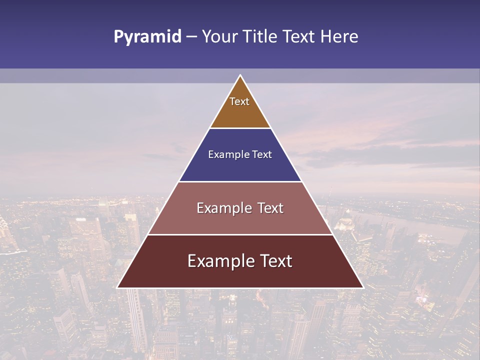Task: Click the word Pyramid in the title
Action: [x=147, y=37]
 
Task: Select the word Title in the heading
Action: [x=263, y=36]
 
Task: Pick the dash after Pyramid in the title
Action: [x=191, y=37]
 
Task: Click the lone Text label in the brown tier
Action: [x=239, y=101]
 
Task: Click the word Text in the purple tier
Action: [x=262, y=154]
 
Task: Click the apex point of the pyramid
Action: [x=240, y=76]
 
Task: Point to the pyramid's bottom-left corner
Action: [x=118, y=287]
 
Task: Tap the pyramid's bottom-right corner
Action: [x=362, y=287]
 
